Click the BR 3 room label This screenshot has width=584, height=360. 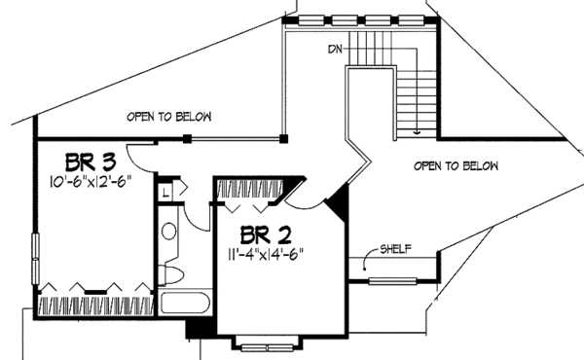[92, 160]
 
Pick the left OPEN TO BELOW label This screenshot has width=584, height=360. [168, 117]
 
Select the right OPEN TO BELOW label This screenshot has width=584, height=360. [456, 166]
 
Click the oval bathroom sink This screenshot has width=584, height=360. [167, 232]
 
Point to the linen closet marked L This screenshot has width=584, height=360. [166, 191]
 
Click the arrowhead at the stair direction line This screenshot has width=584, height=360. [418, 130]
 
